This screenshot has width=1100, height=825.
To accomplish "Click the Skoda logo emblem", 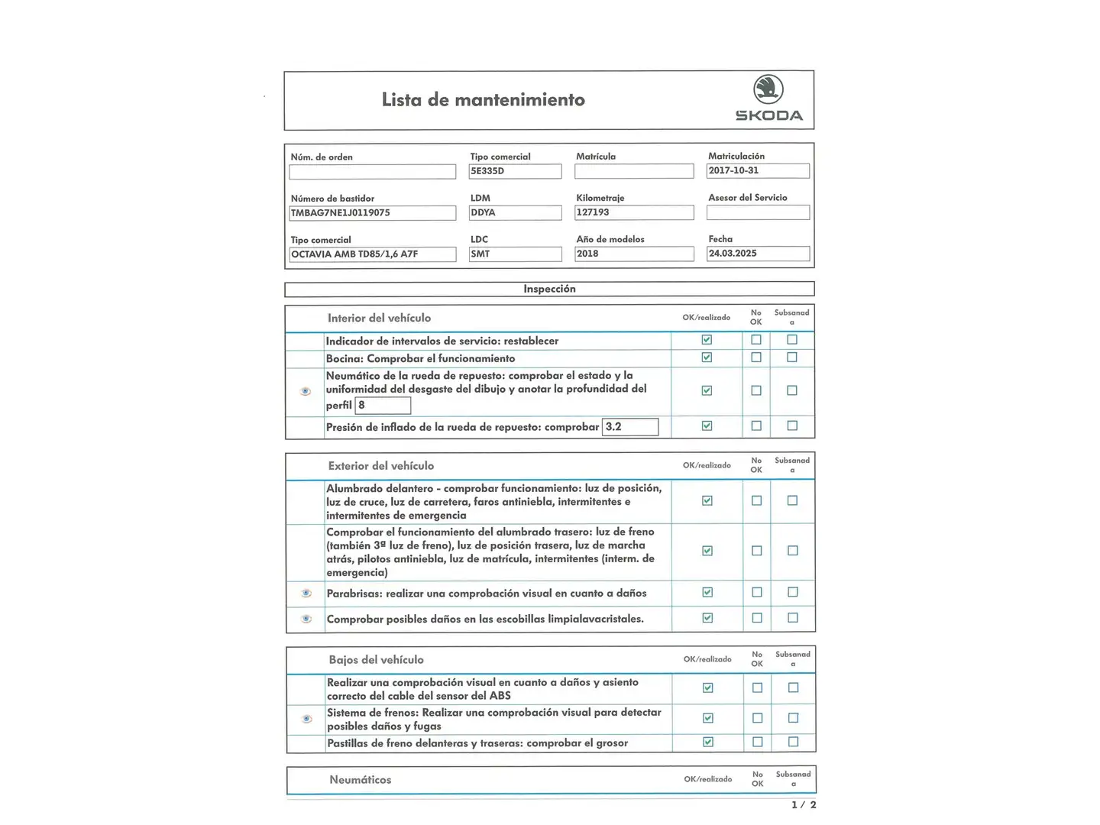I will click(768, 89).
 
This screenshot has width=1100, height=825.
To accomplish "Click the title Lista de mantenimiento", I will click(483, 100).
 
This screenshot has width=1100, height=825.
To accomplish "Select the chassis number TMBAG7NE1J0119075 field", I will click(373, 213).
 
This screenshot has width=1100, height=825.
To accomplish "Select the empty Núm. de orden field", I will click(373, 172).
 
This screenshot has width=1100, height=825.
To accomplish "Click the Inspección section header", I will click(549, 289).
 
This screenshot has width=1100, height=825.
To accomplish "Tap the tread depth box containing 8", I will click(383, 406).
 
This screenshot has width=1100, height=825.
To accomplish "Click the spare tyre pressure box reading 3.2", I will click(630, 427).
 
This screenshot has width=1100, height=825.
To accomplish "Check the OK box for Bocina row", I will click(707, 357).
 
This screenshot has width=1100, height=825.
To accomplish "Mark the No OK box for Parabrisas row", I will click(757, 592).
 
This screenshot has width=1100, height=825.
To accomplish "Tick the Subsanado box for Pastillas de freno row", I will click(793, 742).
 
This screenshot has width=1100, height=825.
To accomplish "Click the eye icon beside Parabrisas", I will click(306, 593).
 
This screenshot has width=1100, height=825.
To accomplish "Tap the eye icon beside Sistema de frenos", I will click(307, 719).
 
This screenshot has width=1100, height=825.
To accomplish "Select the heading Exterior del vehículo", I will click(380, 466).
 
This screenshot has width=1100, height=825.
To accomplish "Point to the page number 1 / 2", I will click(804, 804).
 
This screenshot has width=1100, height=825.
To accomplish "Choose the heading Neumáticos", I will click(360, 780).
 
